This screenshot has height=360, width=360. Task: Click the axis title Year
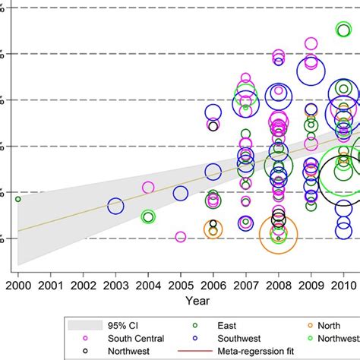coord(197,301)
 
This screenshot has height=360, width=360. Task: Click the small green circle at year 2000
coord(17,199)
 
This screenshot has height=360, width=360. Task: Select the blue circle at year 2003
coord(115,206)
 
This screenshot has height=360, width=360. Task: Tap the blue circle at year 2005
coord(181,194)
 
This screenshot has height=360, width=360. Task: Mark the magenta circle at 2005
coord(181,237)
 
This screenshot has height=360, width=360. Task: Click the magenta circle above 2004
coord(148,188)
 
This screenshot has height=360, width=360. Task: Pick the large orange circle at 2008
coord(279,235)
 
